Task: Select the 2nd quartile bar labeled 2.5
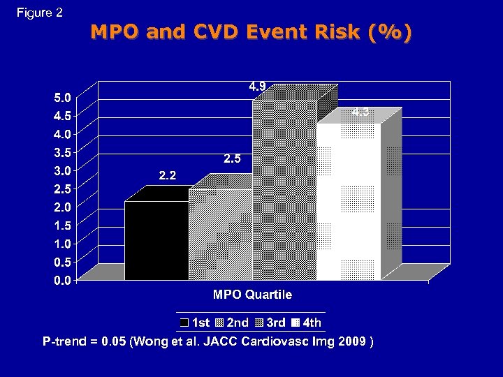tap(220, 234)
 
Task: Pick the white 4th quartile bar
tap(348, 202)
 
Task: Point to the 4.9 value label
tap(257, 87)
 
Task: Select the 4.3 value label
tap(360, 112)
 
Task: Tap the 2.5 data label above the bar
tap(232, 159)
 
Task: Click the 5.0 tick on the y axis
tap(62, 97)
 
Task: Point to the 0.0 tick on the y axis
tap(62, 281)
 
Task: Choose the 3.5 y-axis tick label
tap(62, 152)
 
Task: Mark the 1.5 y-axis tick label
tap(62, 226)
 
